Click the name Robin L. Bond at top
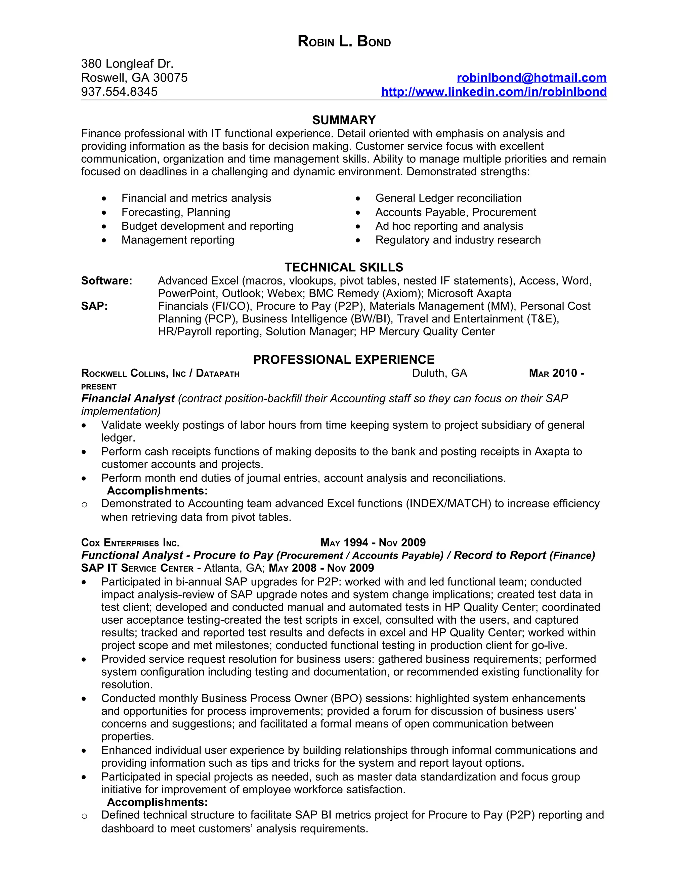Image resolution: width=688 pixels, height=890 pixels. pos(344,42)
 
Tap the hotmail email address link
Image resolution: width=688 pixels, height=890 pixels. pos(531,78)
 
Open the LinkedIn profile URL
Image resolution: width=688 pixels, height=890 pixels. pos(493,92)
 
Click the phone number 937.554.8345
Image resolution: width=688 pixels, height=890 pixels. pos(119,92)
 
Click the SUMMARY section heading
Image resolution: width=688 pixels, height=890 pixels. pos(344,120)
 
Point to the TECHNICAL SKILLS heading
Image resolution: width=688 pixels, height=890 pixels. pos(344,267)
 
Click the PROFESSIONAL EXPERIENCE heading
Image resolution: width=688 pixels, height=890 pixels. pos(344,359)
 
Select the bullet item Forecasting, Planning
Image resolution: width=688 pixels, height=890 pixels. pos(176,212)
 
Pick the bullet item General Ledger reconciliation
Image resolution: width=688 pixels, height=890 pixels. pos(448,198)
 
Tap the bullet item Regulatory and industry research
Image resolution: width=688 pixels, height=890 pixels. pos(458,240)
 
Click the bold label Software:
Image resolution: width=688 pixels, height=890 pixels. pos(106,281)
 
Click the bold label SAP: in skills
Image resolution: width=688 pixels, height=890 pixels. pos(94,306)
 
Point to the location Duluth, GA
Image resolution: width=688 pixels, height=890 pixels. pos(439,373)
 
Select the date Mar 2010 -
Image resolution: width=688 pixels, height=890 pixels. pos(556,373)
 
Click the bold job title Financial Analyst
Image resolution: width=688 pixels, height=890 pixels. pos(128,399)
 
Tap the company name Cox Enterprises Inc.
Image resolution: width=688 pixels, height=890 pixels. pos(130,543)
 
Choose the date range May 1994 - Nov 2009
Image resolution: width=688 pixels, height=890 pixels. pos(373,543)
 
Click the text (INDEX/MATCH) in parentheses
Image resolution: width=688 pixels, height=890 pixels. pos(448,504)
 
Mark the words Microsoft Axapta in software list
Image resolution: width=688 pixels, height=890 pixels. pos(469,294)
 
